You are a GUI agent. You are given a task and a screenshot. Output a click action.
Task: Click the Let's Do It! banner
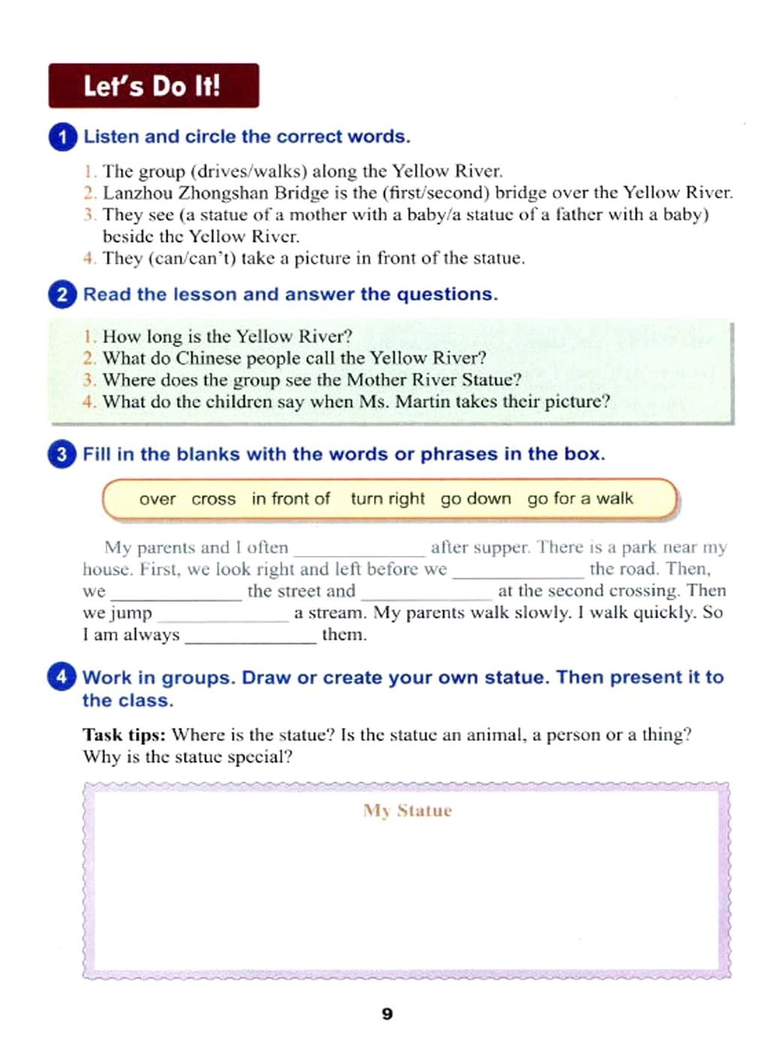click(x=153, y=86)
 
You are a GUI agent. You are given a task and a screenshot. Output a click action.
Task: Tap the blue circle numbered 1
click(x=62, y=137)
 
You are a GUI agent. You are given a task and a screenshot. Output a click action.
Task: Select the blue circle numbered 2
click(x=62, y=294)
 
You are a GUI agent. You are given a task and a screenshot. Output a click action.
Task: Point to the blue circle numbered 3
click(x=62, y=454)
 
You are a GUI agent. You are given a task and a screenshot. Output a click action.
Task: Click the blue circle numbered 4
click(x=62, y=676)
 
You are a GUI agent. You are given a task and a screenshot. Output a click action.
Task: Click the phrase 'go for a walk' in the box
click(x=580, y=499)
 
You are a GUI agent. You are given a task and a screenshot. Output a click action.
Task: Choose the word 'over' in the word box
click(x=157, y=500)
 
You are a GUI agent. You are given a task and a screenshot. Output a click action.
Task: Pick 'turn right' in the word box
click(x=388, y=500)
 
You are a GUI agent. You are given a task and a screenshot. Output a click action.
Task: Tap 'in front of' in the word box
click(x=291, y=499)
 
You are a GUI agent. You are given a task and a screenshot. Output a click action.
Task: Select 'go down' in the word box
click(x=475, y=500)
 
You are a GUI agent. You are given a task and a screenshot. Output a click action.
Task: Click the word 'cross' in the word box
click(x=213, y=500)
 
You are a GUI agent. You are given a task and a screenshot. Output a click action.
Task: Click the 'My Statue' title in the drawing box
click(x=408, y=811)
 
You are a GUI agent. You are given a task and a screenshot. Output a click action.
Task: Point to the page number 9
click(x=387, y=1014)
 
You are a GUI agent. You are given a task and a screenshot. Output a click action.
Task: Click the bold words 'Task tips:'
click(x=124, y=735)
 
